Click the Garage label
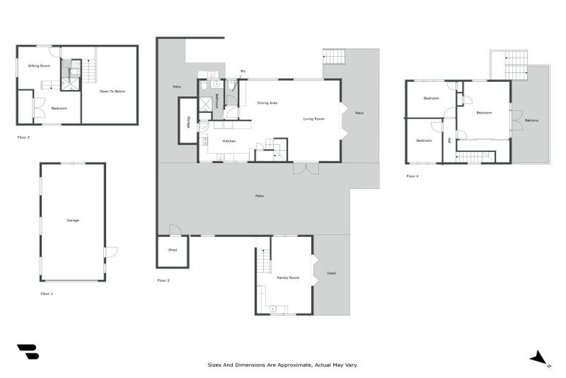(72, 220)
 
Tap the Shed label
(172, 250)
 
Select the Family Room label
(288, 278)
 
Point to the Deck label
(332, 274)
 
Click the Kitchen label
(229, 140)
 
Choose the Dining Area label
(268, 103)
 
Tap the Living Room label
(313, 118)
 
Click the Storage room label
(189, 122)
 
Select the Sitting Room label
(38, 66)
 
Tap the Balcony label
(531, 120)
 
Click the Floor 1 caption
(47, 293)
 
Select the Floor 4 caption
(413, 176)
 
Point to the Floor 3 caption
(24, 137)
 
